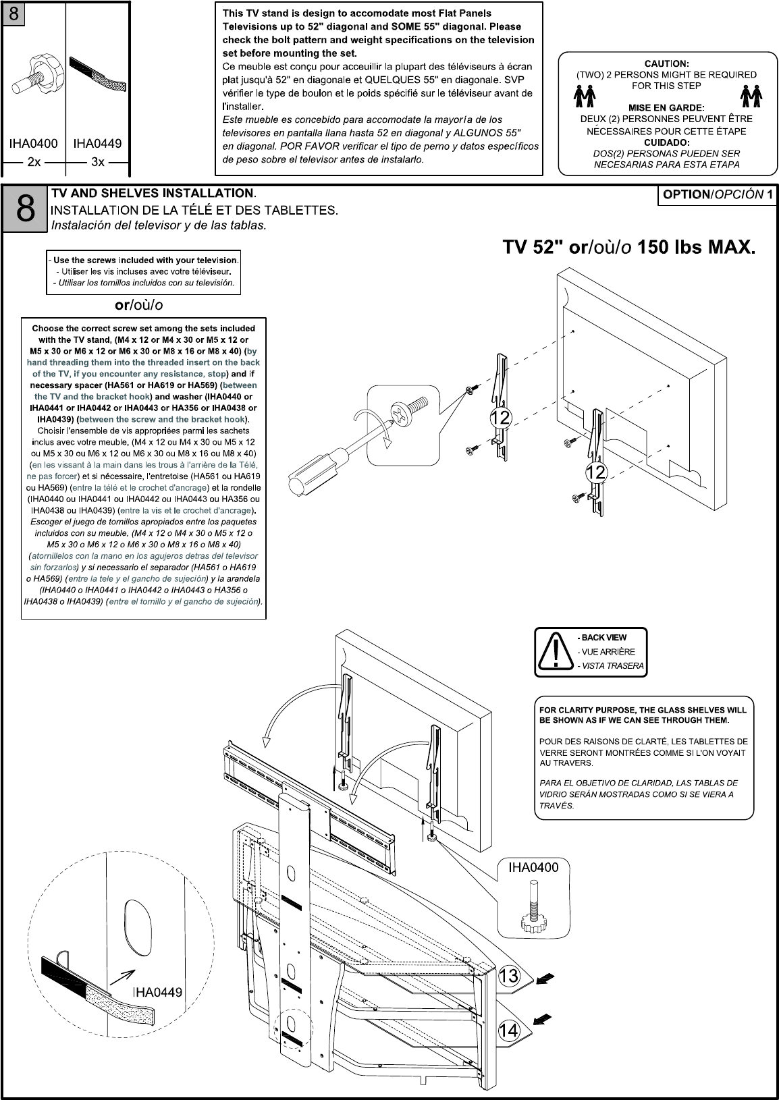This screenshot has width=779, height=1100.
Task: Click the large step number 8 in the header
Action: point(25,209)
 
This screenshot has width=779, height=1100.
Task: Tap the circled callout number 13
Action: point(508,976)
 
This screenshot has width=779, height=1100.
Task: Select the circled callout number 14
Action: point(508,1030)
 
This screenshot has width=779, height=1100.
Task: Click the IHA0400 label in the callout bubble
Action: point(533,868)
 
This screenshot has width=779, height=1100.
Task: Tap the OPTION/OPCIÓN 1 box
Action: point(718,195)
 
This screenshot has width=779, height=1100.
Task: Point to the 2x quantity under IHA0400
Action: point(34,162)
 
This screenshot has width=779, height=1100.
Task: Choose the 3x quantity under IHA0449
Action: point(98,162)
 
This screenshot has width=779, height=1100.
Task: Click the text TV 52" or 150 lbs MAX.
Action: point(628,248)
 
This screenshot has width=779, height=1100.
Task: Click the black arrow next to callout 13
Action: point(547,978)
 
